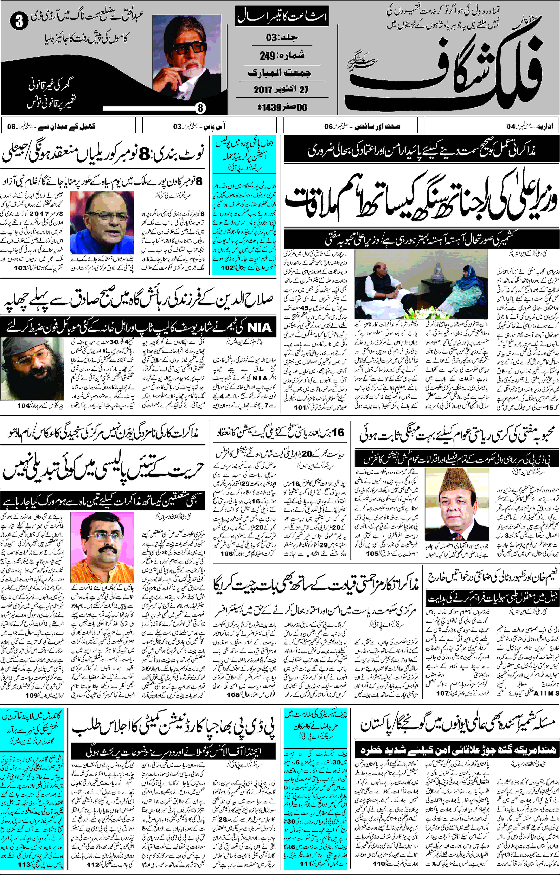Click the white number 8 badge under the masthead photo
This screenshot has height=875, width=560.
[200, 108]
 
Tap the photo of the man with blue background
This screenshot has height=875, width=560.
[102, 223]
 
